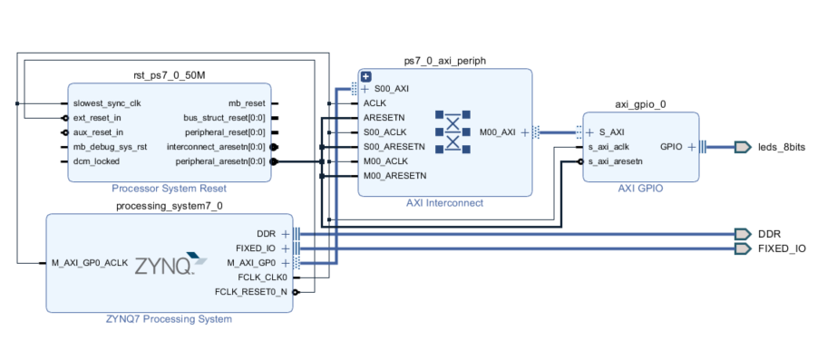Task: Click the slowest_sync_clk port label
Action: (106, 103)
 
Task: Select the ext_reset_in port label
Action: (99, 118)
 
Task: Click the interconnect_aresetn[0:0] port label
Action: (216, 147)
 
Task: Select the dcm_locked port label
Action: (96, 161)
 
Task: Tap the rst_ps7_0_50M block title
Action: (169, 74)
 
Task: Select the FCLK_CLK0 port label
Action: (264, 277)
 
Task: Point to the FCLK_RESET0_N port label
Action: (251, 292)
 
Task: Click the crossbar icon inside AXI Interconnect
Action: (453, 131)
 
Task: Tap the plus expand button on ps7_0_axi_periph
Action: (366, 77)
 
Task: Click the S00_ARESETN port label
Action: (394, 147)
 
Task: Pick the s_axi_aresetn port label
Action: (615, 161)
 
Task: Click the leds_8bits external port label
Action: (782, 147)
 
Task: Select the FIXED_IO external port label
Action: (782, 248)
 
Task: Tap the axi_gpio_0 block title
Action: (640, 103)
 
